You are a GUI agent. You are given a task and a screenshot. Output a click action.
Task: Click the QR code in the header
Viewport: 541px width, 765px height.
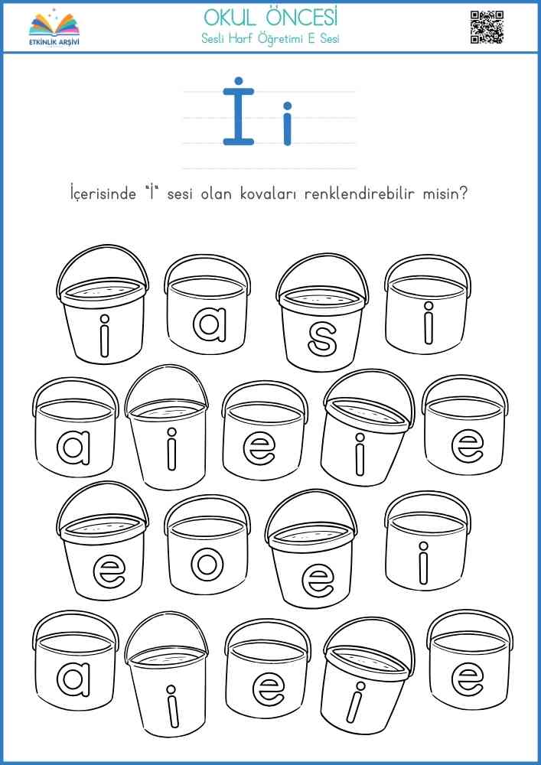487,28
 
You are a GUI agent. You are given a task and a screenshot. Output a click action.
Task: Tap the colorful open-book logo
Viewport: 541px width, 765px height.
54,24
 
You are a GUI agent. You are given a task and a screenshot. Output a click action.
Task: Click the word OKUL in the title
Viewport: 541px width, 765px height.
226,18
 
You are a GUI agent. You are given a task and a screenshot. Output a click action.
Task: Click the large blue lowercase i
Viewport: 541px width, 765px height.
287,123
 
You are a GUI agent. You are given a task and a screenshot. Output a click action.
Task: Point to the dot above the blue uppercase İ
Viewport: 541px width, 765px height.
239,81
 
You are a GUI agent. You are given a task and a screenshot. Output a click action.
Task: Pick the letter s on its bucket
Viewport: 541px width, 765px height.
322,340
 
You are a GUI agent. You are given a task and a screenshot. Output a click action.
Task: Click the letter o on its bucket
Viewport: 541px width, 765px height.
207,564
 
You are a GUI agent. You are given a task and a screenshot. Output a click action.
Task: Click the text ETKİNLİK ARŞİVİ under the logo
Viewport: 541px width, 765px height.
54,42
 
